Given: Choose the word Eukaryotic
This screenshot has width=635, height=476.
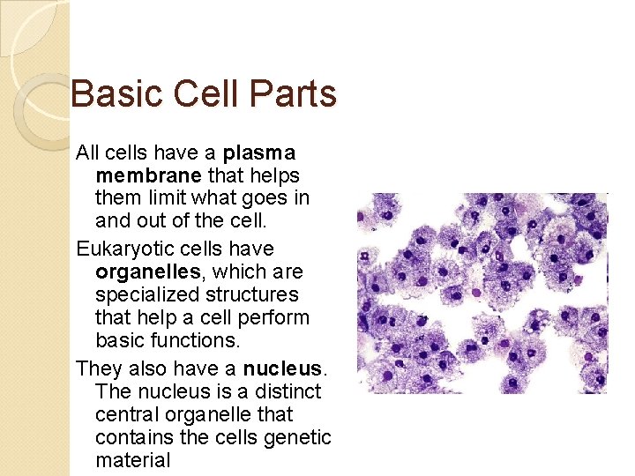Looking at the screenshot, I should tap(122, 249).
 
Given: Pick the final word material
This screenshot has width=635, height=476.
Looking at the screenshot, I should tap(132, 460).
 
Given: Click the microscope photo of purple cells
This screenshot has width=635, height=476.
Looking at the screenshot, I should tap(482, 293).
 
